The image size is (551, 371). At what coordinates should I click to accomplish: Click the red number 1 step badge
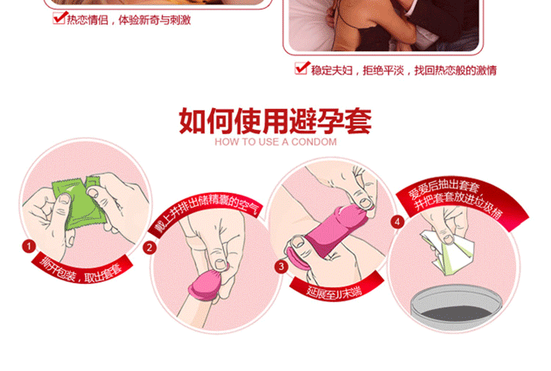coord(29,246)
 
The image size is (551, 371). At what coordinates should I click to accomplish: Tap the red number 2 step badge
coord(149,247)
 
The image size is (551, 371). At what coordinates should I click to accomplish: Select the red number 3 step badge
coord(281,266)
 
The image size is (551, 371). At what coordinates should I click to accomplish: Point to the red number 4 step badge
coord(397,222)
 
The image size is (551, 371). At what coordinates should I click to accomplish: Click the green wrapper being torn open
coord(76,204)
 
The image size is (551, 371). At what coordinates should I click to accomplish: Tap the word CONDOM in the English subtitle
coord(314,142)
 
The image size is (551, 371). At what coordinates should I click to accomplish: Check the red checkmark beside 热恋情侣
coord(60,18)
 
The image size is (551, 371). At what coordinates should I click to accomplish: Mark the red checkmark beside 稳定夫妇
coord(302,68)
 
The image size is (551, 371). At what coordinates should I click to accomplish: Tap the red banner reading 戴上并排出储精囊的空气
coord(205,213)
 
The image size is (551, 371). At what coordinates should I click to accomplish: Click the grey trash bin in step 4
coord(456,308)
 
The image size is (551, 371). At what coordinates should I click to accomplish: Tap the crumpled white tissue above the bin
coord(448,250)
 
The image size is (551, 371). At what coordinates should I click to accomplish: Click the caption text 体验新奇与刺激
coord(154,20)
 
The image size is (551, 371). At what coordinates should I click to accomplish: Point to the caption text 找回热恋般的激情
coord(455,70)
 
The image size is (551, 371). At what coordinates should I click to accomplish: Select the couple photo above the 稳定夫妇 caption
coord(383,24)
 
